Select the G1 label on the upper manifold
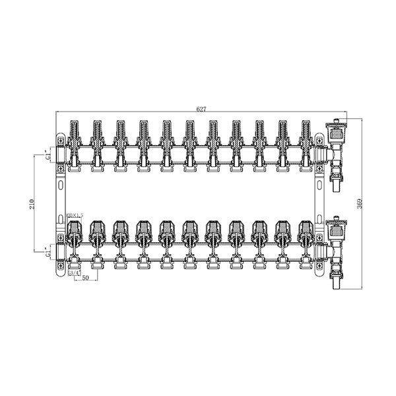tap(48, 156)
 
